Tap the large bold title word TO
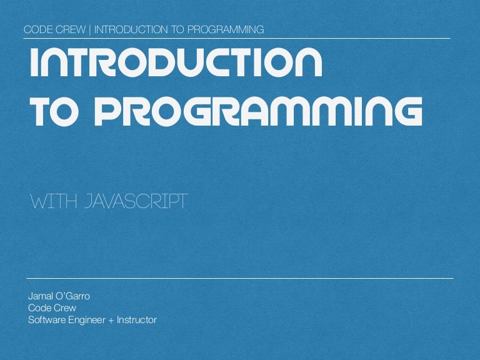55,112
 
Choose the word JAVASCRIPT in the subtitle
137,202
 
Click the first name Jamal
41,296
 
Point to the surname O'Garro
73,296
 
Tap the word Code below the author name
39,308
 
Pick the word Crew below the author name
65,308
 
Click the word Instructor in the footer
136,321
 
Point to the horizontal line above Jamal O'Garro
240,277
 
